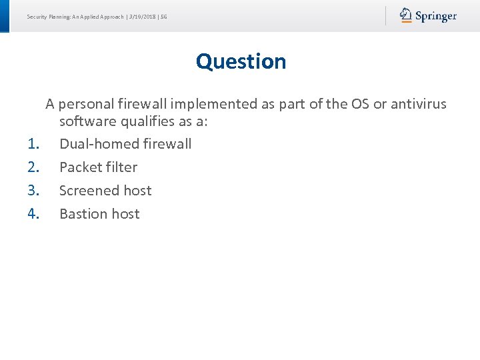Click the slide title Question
tap(241, 61)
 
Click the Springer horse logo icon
tap(406, 15)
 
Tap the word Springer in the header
tap(436, 16)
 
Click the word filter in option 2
tap(121, 167)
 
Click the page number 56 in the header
tap(163, 16)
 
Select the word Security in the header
tap(37, 16)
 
